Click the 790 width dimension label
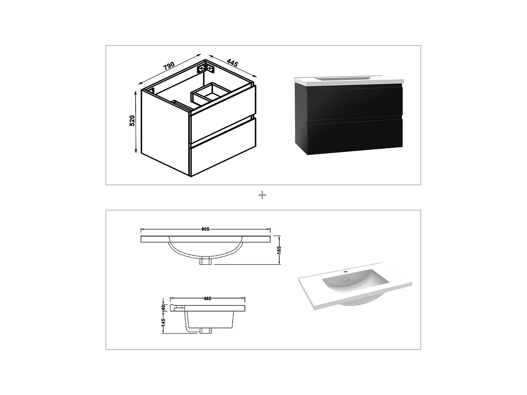(169, 66)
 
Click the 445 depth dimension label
(232, 64)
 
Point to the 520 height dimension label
(132, 120)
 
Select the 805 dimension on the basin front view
(206, 229)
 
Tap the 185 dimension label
(279, 250)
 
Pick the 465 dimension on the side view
(207, 298)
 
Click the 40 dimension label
(163, 307)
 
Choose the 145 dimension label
(163, 323)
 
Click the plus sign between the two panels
(262, 195)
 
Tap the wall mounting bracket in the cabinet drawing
(207, 67)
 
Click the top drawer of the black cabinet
(354, 103)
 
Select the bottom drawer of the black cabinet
(354, 136)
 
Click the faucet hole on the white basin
(345, 271)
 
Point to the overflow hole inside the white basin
(348, 279)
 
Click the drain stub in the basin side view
(205, 331)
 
